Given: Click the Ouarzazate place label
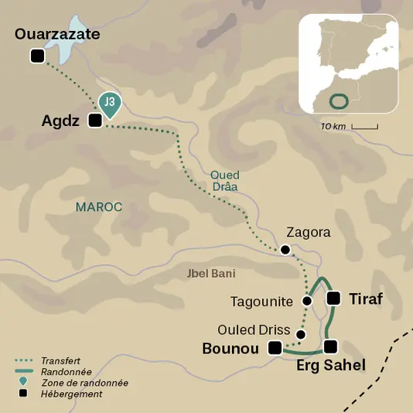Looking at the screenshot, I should [58, 35].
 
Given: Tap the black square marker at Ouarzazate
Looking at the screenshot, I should [36, 56].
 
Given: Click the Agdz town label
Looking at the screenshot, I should [62, 121].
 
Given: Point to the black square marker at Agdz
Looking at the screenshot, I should [95, 121].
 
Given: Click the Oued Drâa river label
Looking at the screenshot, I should [225, 181].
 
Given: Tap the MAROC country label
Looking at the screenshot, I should [99, 206].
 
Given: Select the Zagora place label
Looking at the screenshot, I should [308, 231].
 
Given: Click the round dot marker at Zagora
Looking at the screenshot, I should [285, 250].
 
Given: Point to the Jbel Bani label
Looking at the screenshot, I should [211, 273].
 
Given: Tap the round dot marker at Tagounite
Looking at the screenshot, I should [307, 300].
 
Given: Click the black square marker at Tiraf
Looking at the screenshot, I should [334, 299].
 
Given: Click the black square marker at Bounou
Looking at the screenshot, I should [274, 349].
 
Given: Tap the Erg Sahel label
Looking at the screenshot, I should [330, 365].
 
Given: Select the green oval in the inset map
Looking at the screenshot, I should [338, 101].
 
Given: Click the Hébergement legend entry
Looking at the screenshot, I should [68, 394].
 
